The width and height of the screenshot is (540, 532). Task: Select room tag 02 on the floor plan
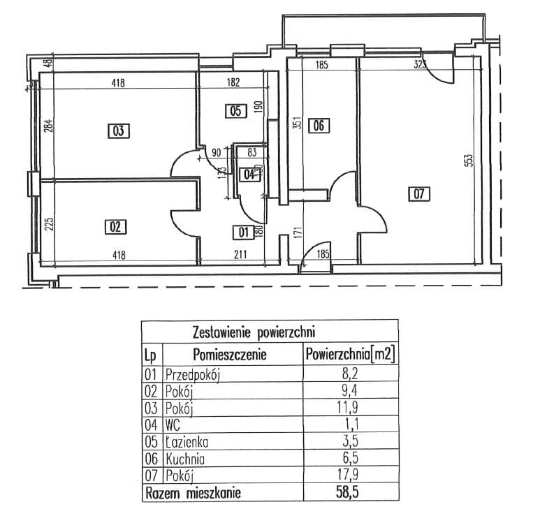[x=116, y=226]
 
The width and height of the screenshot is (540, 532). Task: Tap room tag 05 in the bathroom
[x=235, y=110]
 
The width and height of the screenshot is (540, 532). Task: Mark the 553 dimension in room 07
[x=469, y=160]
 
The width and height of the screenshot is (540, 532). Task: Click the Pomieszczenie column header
[x=231, y=354]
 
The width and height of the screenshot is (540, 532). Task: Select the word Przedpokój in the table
[x=193, y=375]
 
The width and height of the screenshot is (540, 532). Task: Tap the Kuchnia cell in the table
[x=186, y=460]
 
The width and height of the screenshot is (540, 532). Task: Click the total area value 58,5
[x=350, y=494]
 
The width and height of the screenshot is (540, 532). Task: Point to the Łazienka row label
[x=187, y=443]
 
